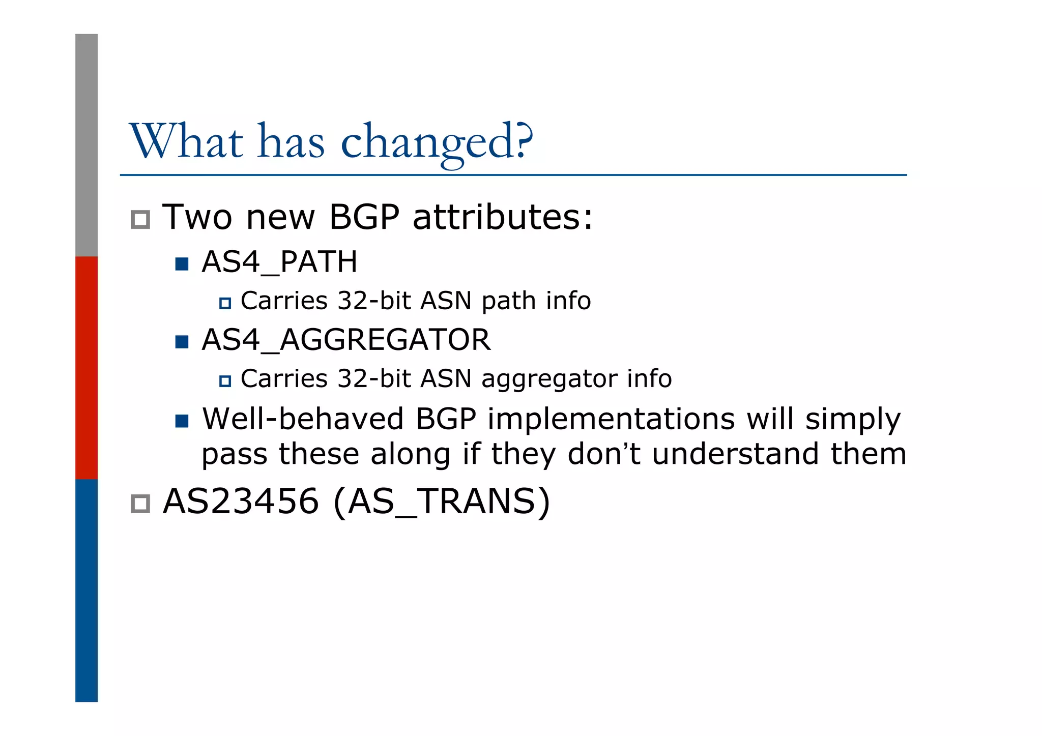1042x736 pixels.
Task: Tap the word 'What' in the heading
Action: (186, 141)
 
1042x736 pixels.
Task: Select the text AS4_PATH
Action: (279, 262)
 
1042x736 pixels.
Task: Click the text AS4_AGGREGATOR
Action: (346, 340)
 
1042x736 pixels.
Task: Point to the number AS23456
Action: (241, 502)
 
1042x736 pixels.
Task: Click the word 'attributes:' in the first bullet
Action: (503, 218)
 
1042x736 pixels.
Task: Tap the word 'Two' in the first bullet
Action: (197, 218)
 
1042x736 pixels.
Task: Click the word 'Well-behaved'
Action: (303, 419)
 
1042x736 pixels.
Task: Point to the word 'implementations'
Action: (611, 419)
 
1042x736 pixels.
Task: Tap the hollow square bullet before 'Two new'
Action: (140, 220)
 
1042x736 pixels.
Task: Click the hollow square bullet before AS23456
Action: (140, 504)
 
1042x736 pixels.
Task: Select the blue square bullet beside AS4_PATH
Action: (182, 264)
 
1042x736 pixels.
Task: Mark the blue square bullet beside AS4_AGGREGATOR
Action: (182, 341)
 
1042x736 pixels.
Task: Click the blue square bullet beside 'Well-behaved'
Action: (182, 421)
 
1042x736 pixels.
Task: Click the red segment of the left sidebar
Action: (86, 367)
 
